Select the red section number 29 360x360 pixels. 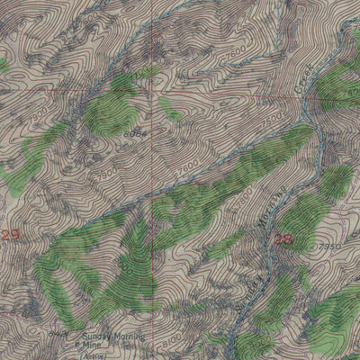pos(10,236)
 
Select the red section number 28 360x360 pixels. pos(283,238)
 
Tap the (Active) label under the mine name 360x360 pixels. pos(94,353)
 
